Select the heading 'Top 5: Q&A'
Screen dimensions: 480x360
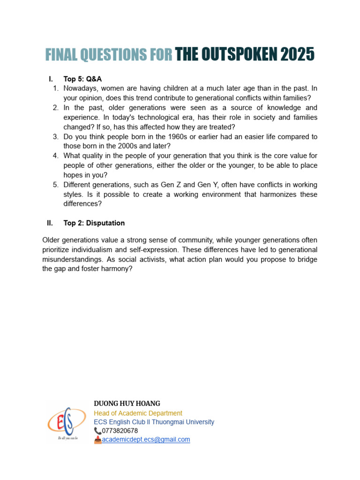(82, 79)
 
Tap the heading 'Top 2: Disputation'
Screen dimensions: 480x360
(94, 223)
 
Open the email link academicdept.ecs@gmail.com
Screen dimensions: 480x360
(146, 439)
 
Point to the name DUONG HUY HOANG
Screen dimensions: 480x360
(127, 404)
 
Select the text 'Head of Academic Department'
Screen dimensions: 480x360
(138, 413)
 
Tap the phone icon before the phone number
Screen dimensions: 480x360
(97, 430)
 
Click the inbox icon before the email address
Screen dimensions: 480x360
(97, 440)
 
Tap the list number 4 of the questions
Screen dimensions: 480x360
(55, 156)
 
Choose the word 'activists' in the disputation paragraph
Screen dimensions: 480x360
(130, 260)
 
